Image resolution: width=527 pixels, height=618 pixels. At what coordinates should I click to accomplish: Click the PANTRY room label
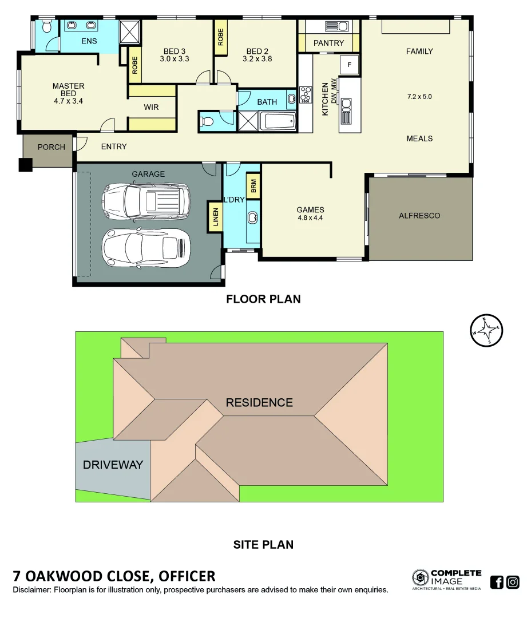(x=329, y=43)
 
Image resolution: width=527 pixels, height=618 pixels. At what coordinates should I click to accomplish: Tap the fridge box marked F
(x=348, y=65)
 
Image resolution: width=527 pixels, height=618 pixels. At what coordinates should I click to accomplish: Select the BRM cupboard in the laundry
(x=252, y=187)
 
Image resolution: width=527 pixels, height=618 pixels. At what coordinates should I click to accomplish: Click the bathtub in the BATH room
(x=278, y=121)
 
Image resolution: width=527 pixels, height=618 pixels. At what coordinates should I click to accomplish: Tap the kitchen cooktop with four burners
(x=306, y=94)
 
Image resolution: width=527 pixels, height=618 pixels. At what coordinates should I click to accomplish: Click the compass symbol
(x=486, y=330)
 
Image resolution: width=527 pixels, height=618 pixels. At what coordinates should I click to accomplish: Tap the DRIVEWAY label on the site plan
(x=113, y=465)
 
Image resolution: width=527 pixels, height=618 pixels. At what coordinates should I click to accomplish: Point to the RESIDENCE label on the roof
(x=259, y=402)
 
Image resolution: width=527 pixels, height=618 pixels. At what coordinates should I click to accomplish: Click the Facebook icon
(x=497, y=582)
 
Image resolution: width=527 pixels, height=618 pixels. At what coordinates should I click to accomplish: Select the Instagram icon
(x=513, y=582)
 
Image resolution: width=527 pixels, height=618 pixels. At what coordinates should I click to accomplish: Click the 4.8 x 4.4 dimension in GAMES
(x=311, y=217)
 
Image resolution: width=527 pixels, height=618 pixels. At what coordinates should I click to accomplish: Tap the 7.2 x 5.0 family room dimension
(x=419, y=97)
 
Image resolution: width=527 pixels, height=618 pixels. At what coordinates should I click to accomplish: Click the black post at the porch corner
(x=25, y=165)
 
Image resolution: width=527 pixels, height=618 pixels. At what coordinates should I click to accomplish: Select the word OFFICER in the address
(x=187, y=576)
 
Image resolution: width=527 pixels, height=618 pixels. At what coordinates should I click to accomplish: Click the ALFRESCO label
(x=419, y=216)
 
